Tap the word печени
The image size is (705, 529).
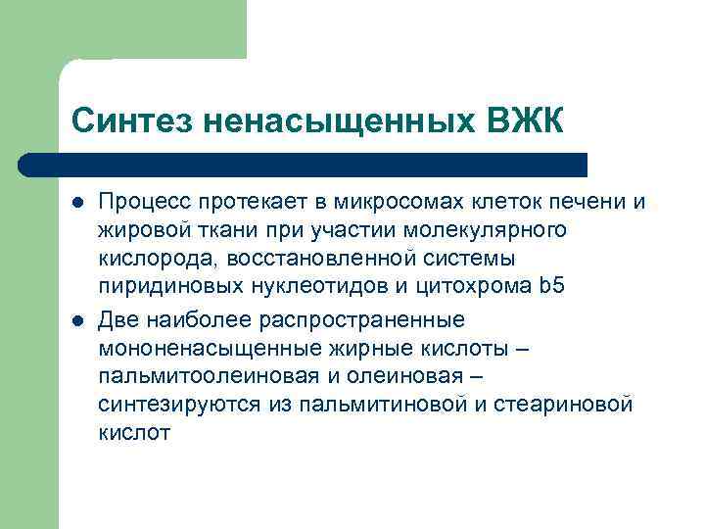point(584,203)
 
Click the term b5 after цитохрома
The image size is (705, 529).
point(552,287)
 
